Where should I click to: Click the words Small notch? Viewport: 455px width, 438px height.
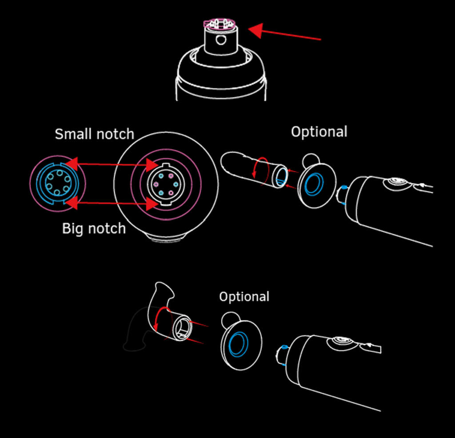point(94,134)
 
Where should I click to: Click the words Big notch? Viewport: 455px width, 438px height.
point(94,228)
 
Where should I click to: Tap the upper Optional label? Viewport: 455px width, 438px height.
point(319,132)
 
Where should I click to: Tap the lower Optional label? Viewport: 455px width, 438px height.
point(244,297)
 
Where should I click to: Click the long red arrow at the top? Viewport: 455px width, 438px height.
point(284,34)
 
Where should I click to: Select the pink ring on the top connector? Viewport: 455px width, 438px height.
point(220,24)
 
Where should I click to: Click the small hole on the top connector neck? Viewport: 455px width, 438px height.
point(220,40)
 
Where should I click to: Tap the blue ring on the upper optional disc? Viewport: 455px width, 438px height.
point(314,184)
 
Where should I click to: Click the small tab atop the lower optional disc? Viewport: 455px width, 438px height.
point(231,318)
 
